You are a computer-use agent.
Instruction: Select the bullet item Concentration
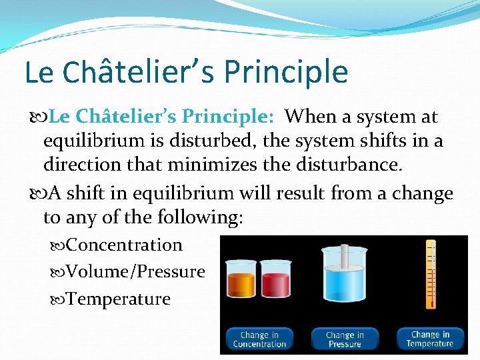124,245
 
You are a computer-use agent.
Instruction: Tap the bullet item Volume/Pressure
135,272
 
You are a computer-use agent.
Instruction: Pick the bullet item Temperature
119,299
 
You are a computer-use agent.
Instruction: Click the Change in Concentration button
259,339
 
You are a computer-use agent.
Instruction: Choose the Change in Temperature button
430,339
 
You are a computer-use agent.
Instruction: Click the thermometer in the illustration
431,273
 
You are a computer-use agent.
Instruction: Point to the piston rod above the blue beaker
345,253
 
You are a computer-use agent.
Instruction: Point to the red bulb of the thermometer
431,303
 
